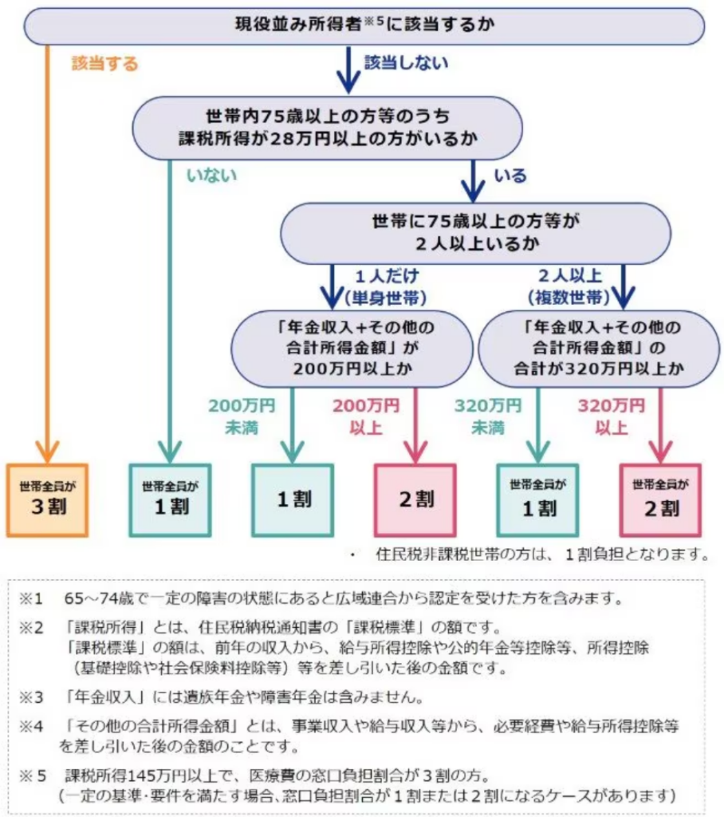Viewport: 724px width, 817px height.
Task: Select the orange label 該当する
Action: point(104,64)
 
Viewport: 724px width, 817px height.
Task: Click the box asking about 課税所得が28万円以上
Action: point(327,127)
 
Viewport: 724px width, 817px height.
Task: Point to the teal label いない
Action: point(211,176)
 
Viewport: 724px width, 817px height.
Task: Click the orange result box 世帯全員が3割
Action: point(46,499)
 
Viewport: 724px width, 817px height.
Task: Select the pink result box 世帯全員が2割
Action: point(660,499)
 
